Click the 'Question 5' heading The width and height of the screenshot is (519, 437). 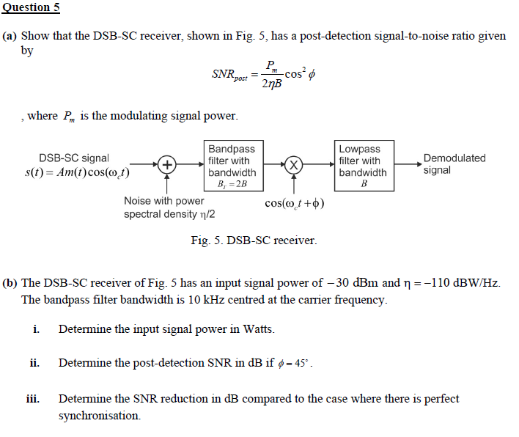pos(30,7)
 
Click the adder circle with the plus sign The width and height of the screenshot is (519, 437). pos(167,164)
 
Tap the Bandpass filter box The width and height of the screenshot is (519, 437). pos(232,166)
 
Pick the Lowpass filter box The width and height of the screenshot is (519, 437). pos(363,166)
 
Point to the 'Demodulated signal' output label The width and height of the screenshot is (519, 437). pos(454,164)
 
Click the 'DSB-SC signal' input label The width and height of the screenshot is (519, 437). pos(74,158)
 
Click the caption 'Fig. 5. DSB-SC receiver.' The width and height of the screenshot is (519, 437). pos(254,240)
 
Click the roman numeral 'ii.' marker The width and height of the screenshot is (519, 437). pos(34,363)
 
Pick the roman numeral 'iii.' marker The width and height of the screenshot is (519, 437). pos(33,399)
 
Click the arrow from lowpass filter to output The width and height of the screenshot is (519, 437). pos(406,164)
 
